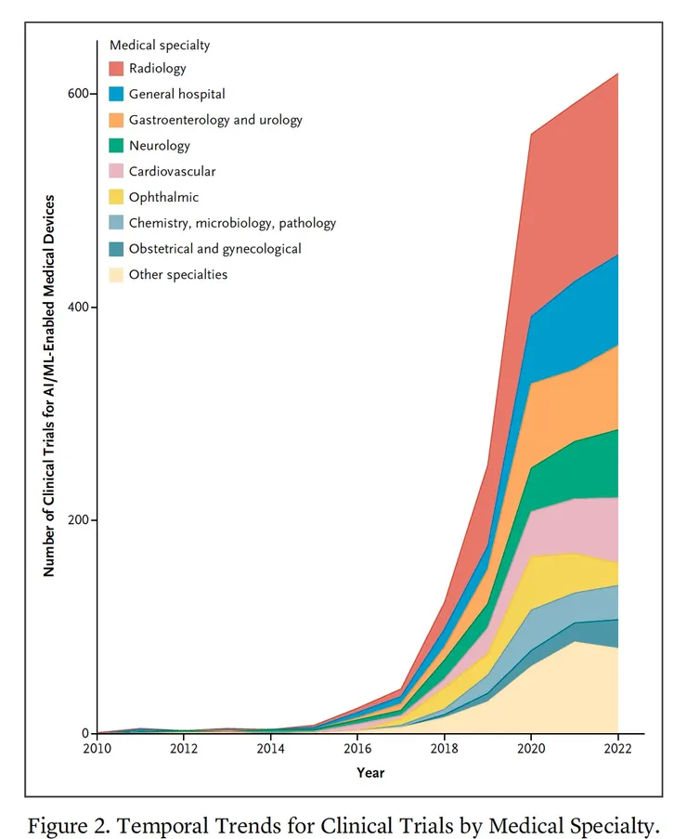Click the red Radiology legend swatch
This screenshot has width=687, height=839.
(117, 69)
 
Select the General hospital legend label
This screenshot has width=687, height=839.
(176, 94)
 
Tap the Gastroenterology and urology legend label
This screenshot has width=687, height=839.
(215, 120)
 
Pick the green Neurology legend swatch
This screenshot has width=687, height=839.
(117, 146)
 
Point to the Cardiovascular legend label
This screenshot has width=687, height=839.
(172, 171)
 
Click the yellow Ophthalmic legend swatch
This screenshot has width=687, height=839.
(117, 197)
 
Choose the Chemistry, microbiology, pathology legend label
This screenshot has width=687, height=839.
(232, 223)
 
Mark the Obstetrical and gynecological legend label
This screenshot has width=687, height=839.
(214, 249)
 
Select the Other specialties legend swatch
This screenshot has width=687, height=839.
(117, 274)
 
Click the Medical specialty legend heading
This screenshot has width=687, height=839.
(159, 45)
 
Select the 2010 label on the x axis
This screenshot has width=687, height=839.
(97, 749)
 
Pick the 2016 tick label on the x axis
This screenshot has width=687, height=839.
(357, 749)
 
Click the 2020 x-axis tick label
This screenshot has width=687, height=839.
(531, 749)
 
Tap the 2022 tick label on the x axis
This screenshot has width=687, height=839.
(617, 749)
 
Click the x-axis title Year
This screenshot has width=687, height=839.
(370, 772)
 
